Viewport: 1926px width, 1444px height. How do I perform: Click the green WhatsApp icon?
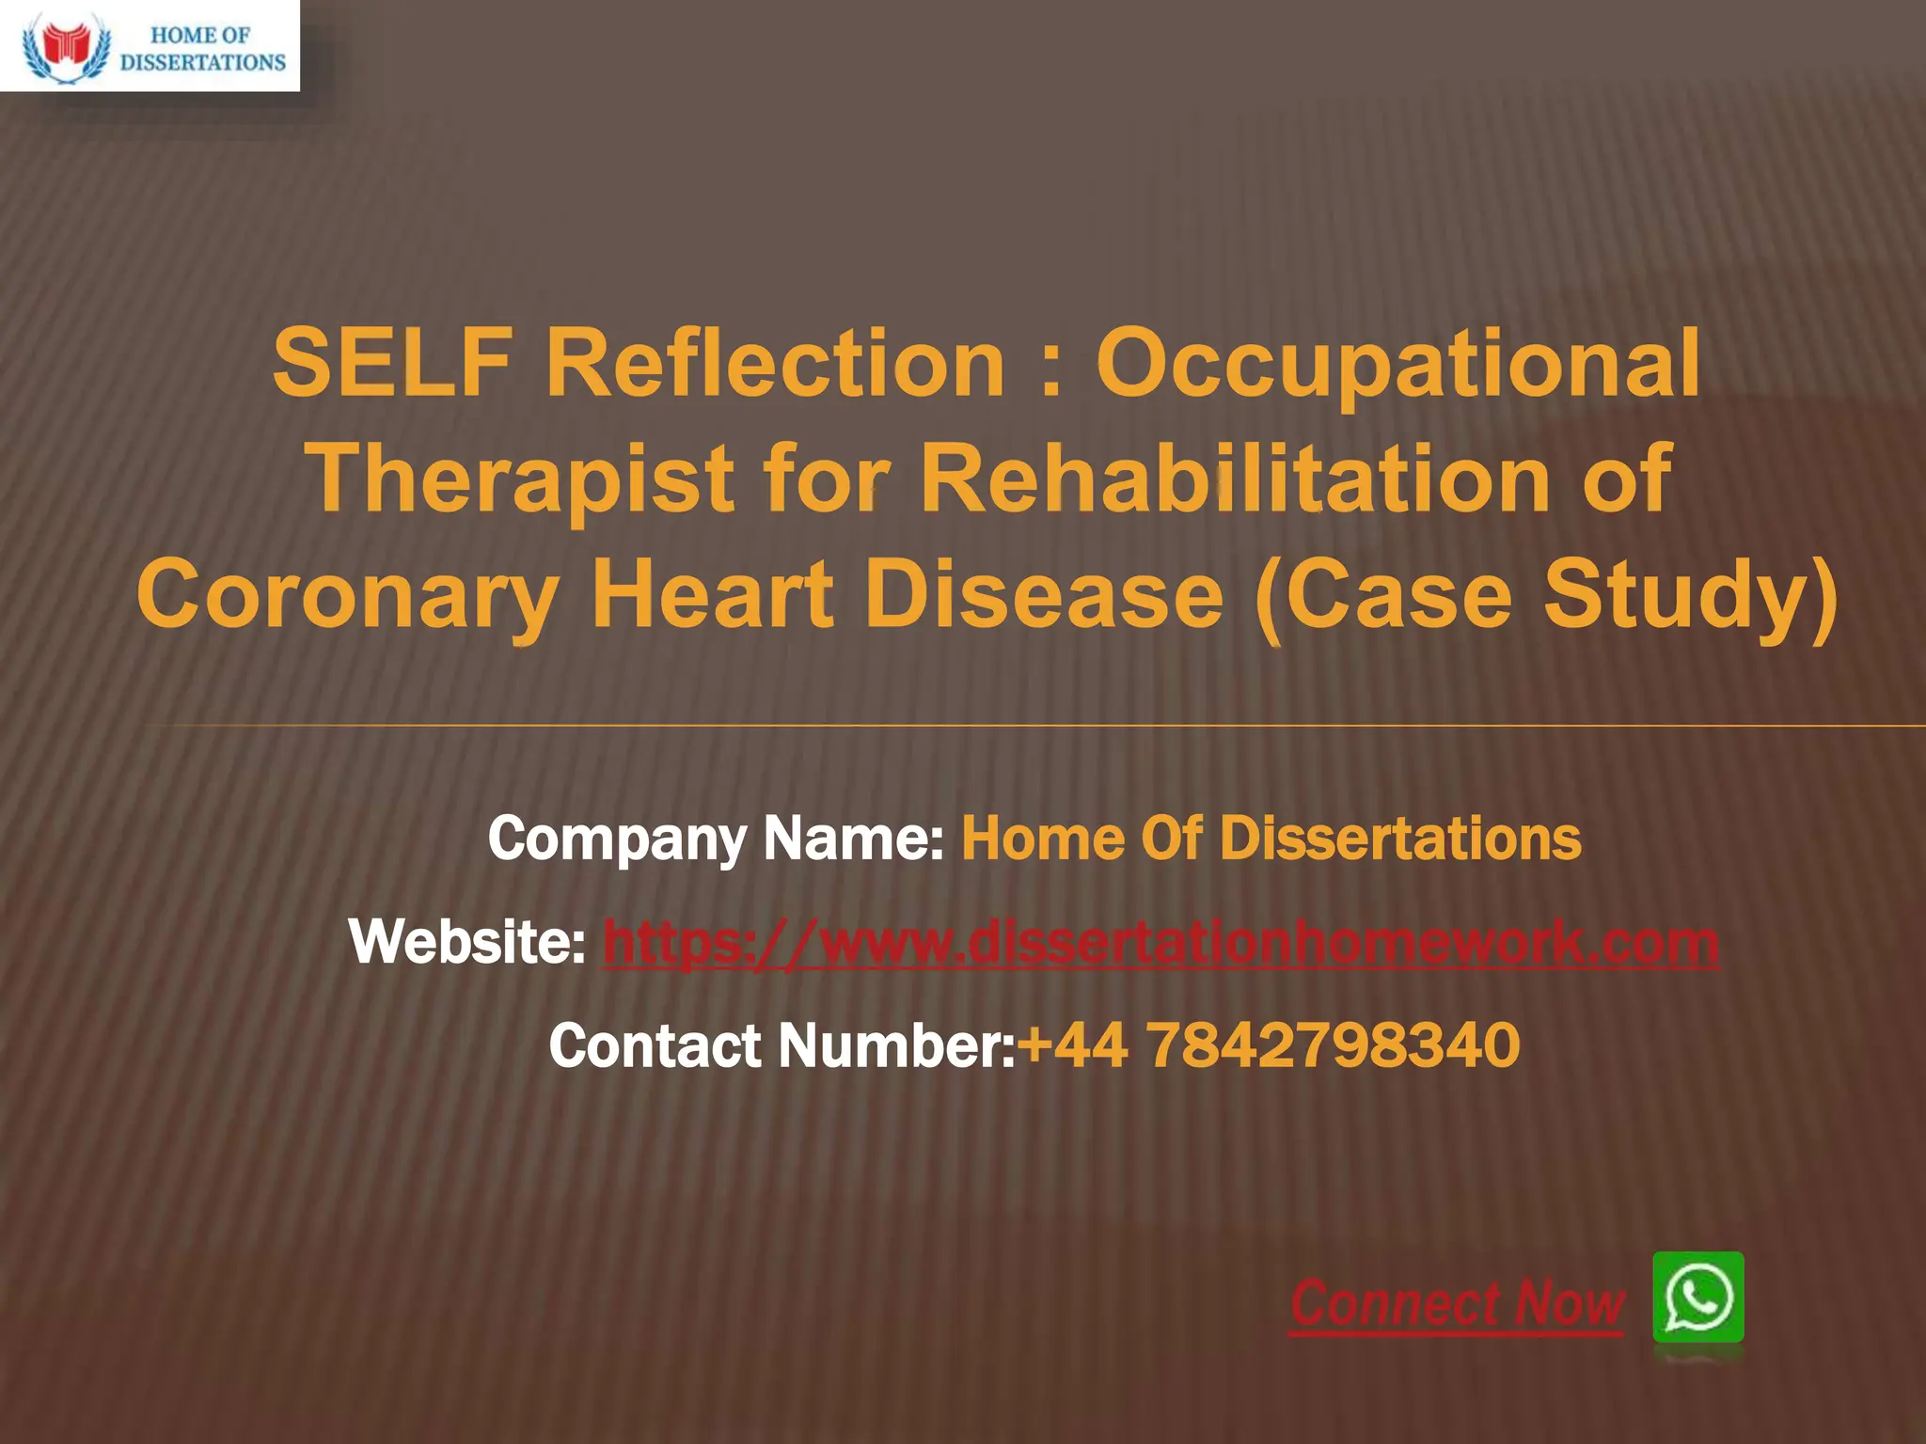1698,1297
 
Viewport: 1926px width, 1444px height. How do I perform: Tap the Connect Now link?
1457,1304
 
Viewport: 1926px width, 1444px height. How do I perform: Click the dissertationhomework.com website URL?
1160,943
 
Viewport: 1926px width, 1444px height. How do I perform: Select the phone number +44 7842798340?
1269,1046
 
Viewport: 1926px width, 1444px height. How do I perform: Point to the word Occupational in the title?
1398,367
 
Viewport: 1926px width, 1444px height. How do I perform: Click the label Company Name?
716,839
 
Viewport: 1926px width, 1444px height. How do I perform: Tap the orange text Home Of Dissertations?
1271,839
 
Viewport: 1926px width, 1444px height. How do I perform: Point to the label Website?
467,943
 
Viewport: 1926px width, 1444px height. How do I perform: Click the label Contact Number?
781,1046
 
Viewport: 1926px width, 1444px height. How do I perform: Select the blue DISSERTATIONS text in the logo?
203,63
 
